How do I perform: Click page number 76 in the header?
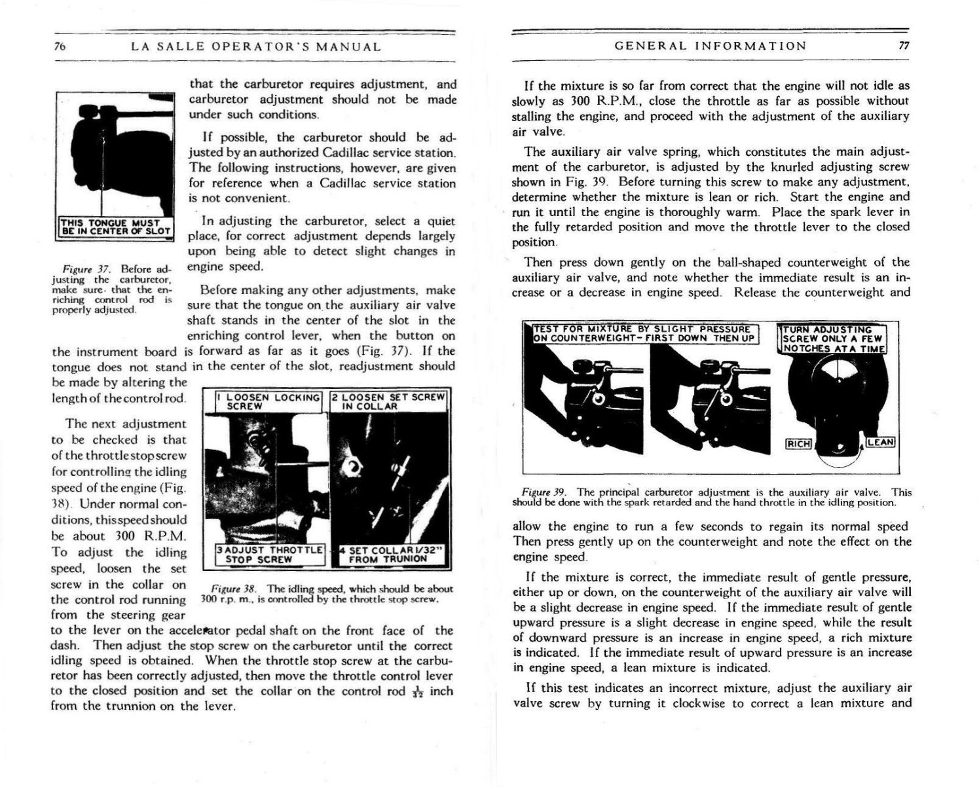(58, 46)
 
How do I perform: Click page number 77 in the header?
(904, 46)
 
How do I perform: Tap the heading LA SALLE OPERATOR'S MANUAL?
(256, 46)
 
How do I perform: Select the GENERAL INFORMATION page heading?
(711, 46)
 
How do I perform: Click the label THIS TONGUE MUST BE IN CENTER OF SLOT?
(115, 226)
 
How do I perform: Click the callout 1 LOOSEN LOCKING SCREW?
(269, 401)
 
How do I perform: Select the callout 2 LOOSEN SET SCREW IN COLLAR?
(388, 401)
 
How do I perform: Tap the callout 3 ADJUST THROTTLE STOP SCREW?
(270, 555)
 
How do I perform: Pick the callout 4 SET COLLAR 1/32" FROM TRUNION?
(389, 555)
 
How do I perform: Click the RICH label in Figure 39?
(798, 444)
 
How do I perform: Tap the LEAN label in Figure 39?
(880, 443)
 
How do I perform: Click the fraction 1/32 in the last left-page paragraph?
(418, 692)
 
